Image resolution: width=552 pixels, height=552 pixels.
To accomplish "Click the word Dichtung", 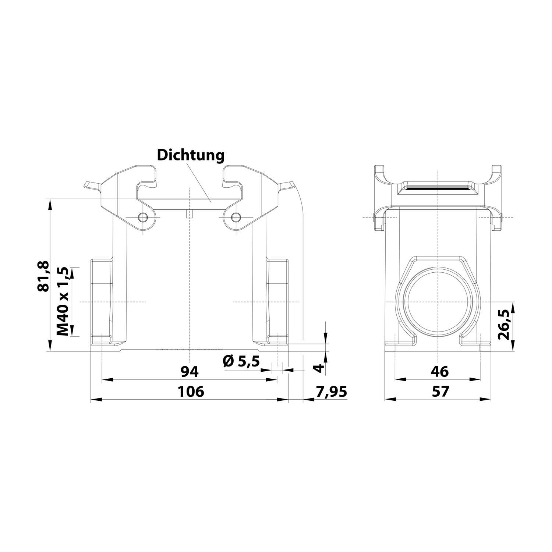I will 191,155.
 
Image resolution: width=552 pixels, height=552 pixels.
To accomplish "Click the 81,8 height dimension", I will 43,276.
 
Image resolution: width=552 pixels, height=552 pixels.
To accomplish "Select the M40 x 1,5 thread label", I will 63,301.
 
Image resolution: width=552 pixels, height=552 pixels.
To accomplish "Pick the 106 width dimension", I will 191,392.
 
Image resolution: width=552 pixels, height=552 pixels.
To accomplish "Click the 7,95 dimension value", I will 331,392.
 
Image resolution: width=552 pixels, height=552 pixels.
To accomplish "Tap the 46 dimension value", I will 440,372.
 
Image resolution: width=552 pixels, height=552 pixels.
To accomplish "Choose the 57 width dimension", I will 440,392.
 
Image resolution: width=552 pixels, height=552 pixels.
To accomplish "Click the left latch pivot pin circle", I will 142,218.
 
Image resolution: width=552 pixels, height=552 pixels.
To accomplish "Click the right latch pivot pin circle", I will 235,218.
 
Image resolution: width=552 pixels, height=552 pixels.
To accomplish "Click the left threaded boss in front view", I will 102,301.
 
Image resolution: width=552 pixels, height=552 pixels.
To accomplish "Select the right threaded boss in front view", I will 277,301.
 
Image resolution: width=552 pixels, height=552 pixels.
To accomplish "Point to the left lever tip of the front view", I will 88,185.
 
